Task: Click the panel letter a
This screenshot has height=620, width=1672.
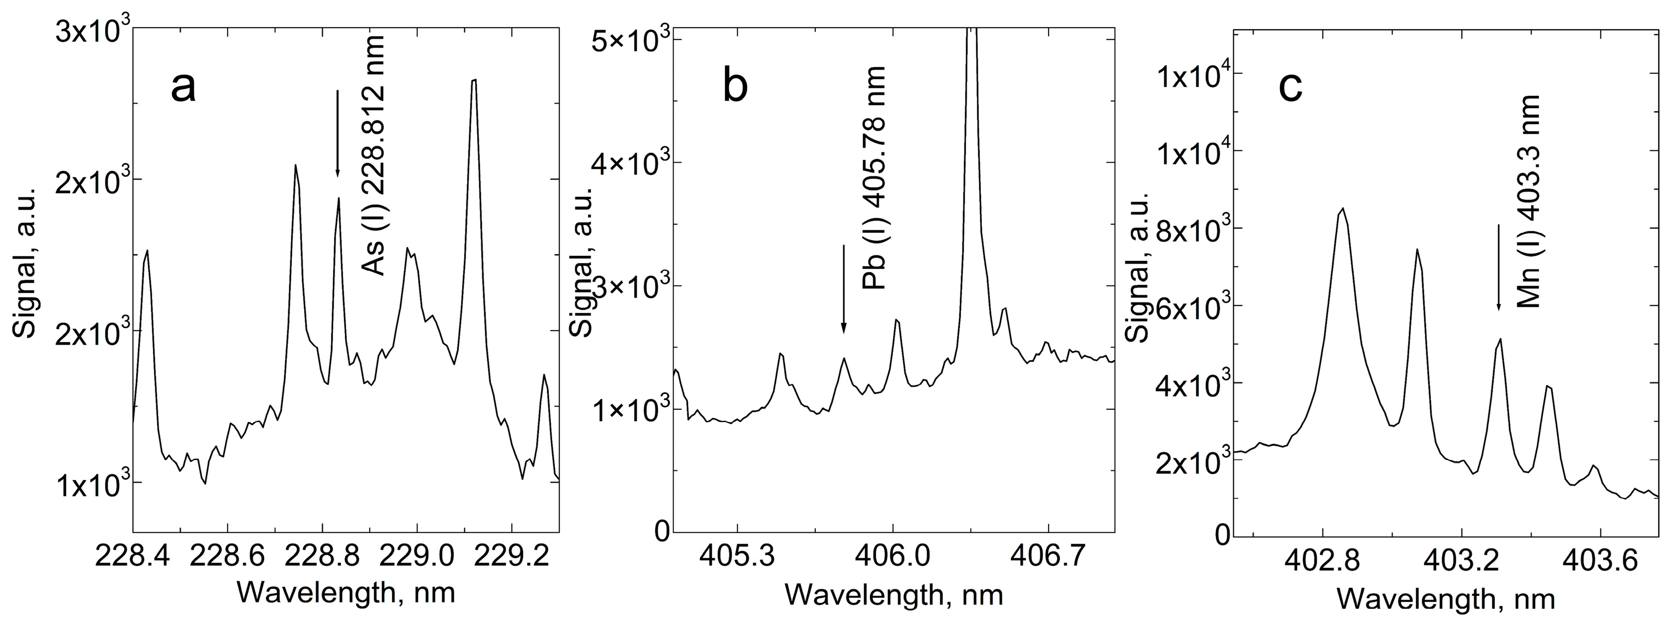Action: (x=183, y=88)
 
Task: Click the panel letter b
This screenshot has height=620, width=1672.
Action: (x=735, y=88)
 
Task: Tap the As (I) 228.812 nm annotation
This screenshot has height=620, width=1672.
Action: (x=374, y=156)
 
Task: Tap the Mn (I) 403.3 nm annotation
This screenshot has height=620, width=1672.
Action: (x=1528, y=201)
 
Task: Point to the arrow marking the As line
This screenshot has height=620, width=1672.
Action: (x=337, y=133)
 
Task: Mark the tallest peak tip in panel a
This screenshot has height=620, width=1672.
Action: (x=474, y=81)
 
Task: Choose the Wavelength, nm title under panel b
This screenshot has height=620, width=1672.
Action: (x=894, y=594)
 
